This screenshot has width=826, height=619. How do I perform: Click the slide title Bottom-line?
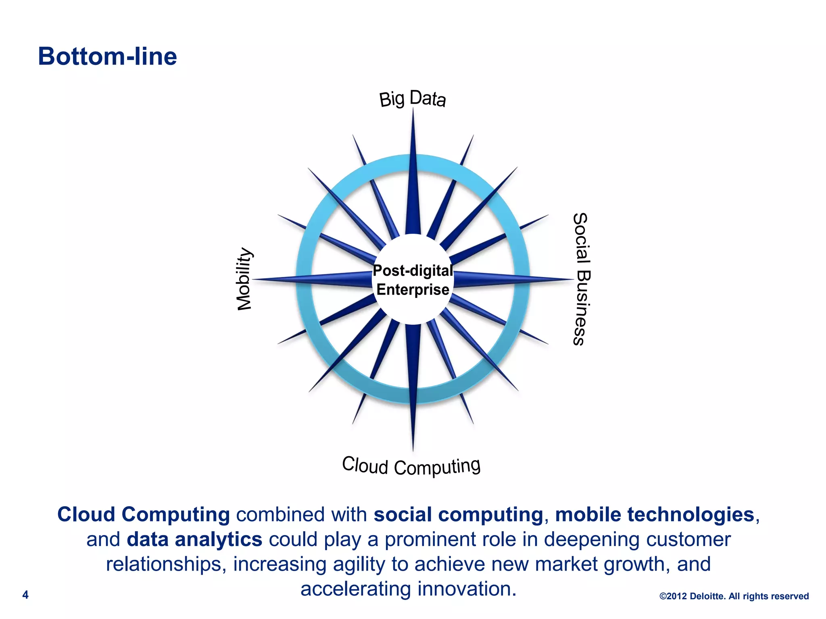(x=107, y=56)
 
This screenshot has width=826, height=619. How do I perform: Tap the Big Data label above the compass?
(x=412, y=99)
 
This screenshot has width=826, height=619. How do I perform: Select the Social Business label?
(x=581, y=279)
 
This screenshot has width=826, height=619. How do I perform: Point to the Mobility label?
(x=244, y=279)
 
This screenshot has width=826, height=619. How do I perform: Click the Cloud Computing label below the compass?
(x=411, y=466)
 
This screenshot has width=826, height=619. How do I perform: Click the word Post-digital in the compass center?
(x=413, y=271)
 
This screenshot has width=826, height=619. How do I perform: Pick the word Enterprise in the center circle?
(x=413, y=290)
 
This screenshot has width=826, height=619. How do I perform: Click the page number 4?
(x=25, y=595)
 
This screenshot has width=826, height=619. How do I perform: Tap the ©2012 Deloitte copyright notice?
(x=734, y=596)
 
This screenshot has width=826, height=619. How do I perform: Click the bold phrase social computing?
(x=458, y=515)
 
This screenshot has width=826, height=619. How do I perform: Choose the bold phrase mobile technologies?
(x=654, y=515)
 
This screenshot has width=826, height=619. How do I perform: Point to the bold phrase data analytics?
(x=194, y=540)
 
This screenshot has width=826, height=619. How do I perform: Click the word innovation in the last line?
(x=467, y=589)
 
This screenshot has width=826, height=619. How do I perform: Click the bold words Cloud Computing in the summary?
(x=144, y=515)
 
